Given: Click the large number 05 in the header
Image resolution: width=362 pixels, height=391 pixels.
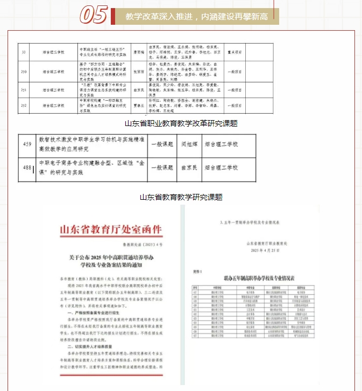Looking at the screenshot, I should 94,16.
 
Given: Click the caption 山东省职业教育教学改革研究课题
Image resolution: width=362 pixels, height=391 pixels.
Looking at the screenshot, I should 181,123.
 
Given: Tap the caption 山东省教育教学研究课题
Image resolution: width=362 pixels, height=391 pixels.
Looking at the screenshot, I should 181,198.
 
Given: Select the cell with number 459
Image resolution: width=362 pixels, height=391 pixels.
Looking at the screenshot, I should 27,145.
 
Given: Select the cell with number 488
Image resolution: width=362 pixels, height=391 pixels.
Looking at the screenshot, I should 27,169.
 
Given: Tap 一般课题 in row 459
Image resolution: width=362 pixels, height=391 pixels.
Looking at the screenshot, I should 161,145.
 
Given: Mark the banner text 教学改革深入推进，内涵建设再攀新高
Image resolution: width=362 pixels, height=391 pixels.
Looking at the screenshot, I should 196,17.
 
